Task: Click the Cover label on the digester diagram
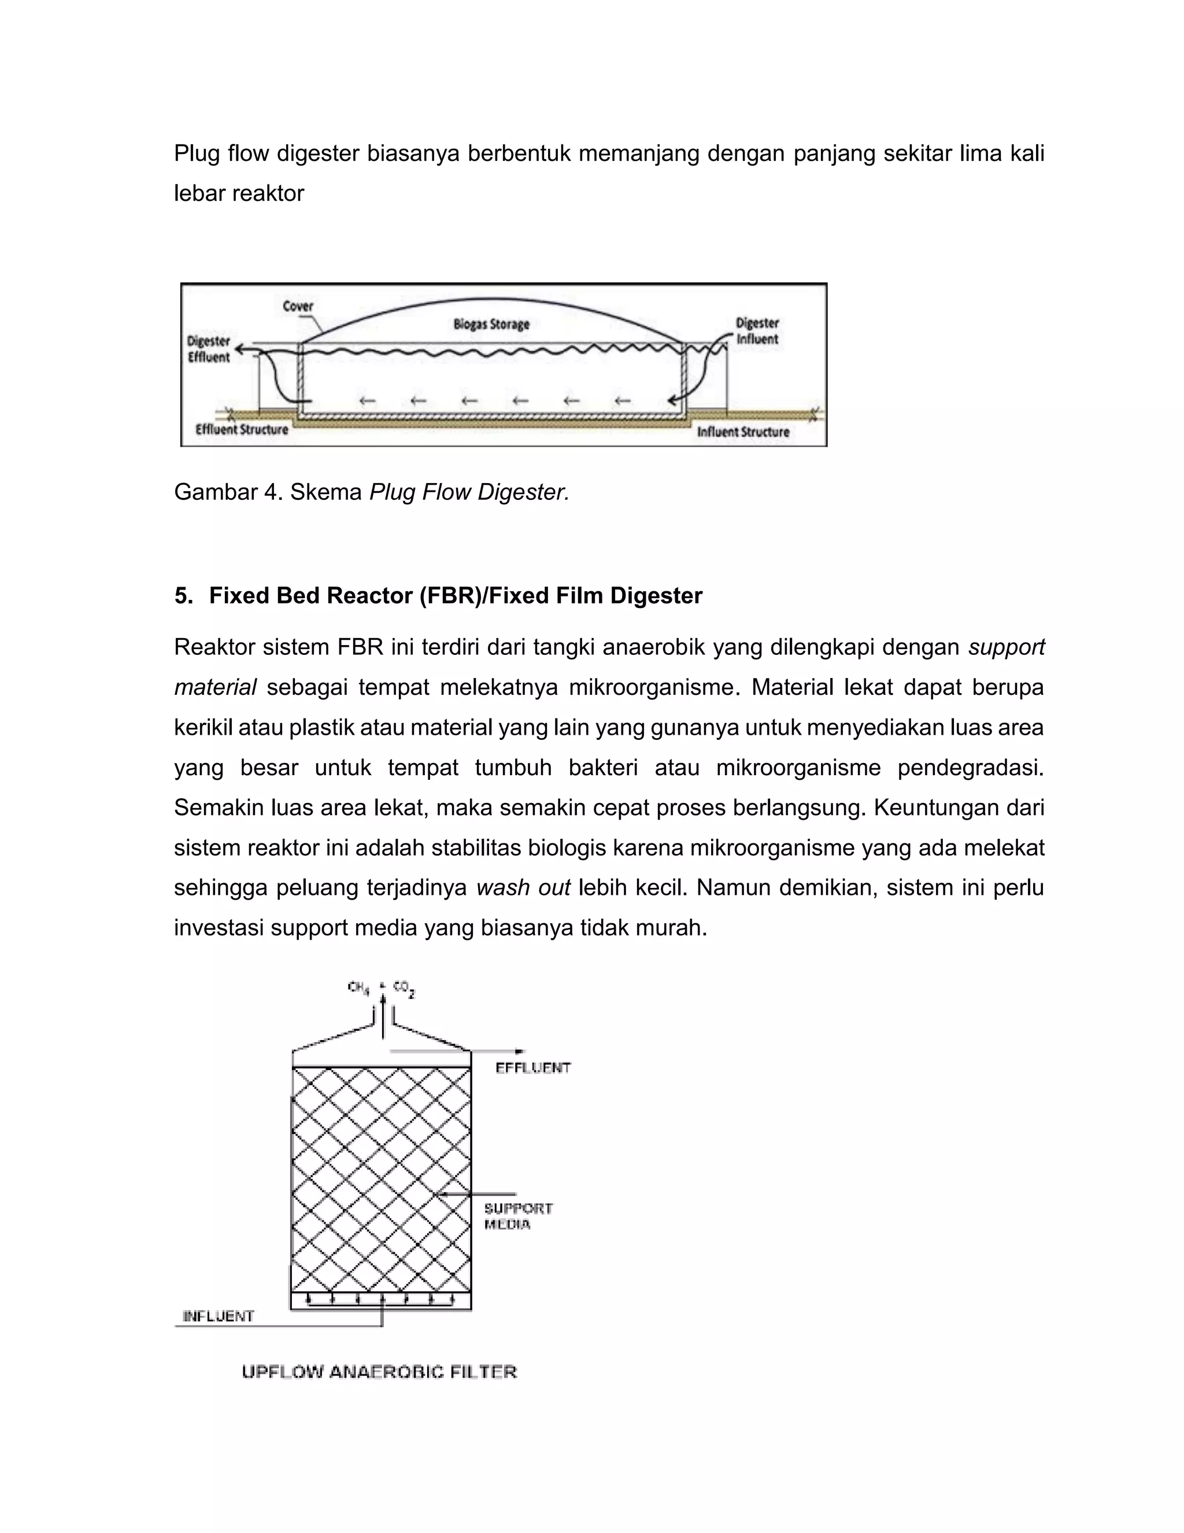pyautogui.click(x=297, y=306)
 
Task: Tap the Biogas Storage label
pyautogui.click(x=491, y=325)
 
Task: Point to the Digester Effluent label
pyautogui.click(x=208, y=349)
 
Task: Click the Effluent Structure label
pyautogui.click(x=242, y=430)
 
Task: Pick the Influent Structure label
pyautogui.click(x=743, y=432)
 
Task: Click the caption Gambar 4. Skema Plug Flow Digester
pyautogui.click(x=371, y=492)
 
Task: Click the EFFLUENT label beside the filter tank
pyautogui.click(x=533, y=1068)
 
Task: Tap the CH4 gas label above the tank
pyautogui.click(x=358, y=987)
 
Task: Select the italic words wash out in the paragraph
pyautogui.click(x=523, y=888)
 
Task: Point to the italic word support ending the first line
pyautogui.click(x=1006, y=647)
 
